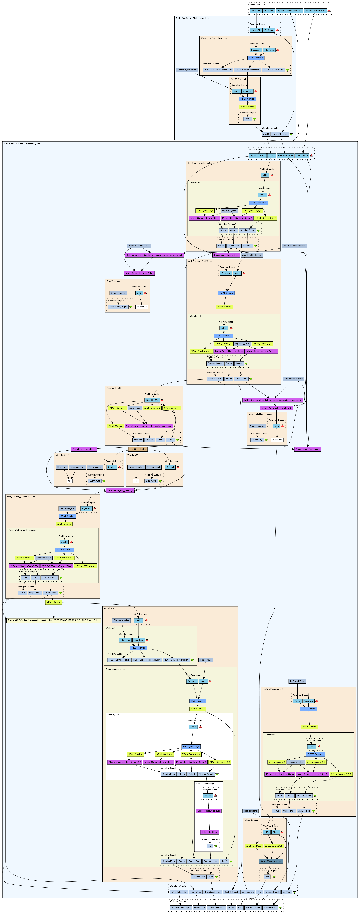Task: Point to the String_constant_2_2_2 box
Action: [139, 245]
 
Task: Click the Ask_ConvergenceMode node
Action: [294, 245]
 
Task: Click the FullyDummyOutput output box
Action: [118, 307]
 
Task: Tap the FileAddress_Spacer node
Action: [294, 379]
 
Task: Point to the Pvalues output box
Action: [150, 440]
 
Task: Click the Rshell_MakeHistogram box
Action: [271, 851]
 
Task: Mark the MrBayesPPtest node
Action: [297, 681]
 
